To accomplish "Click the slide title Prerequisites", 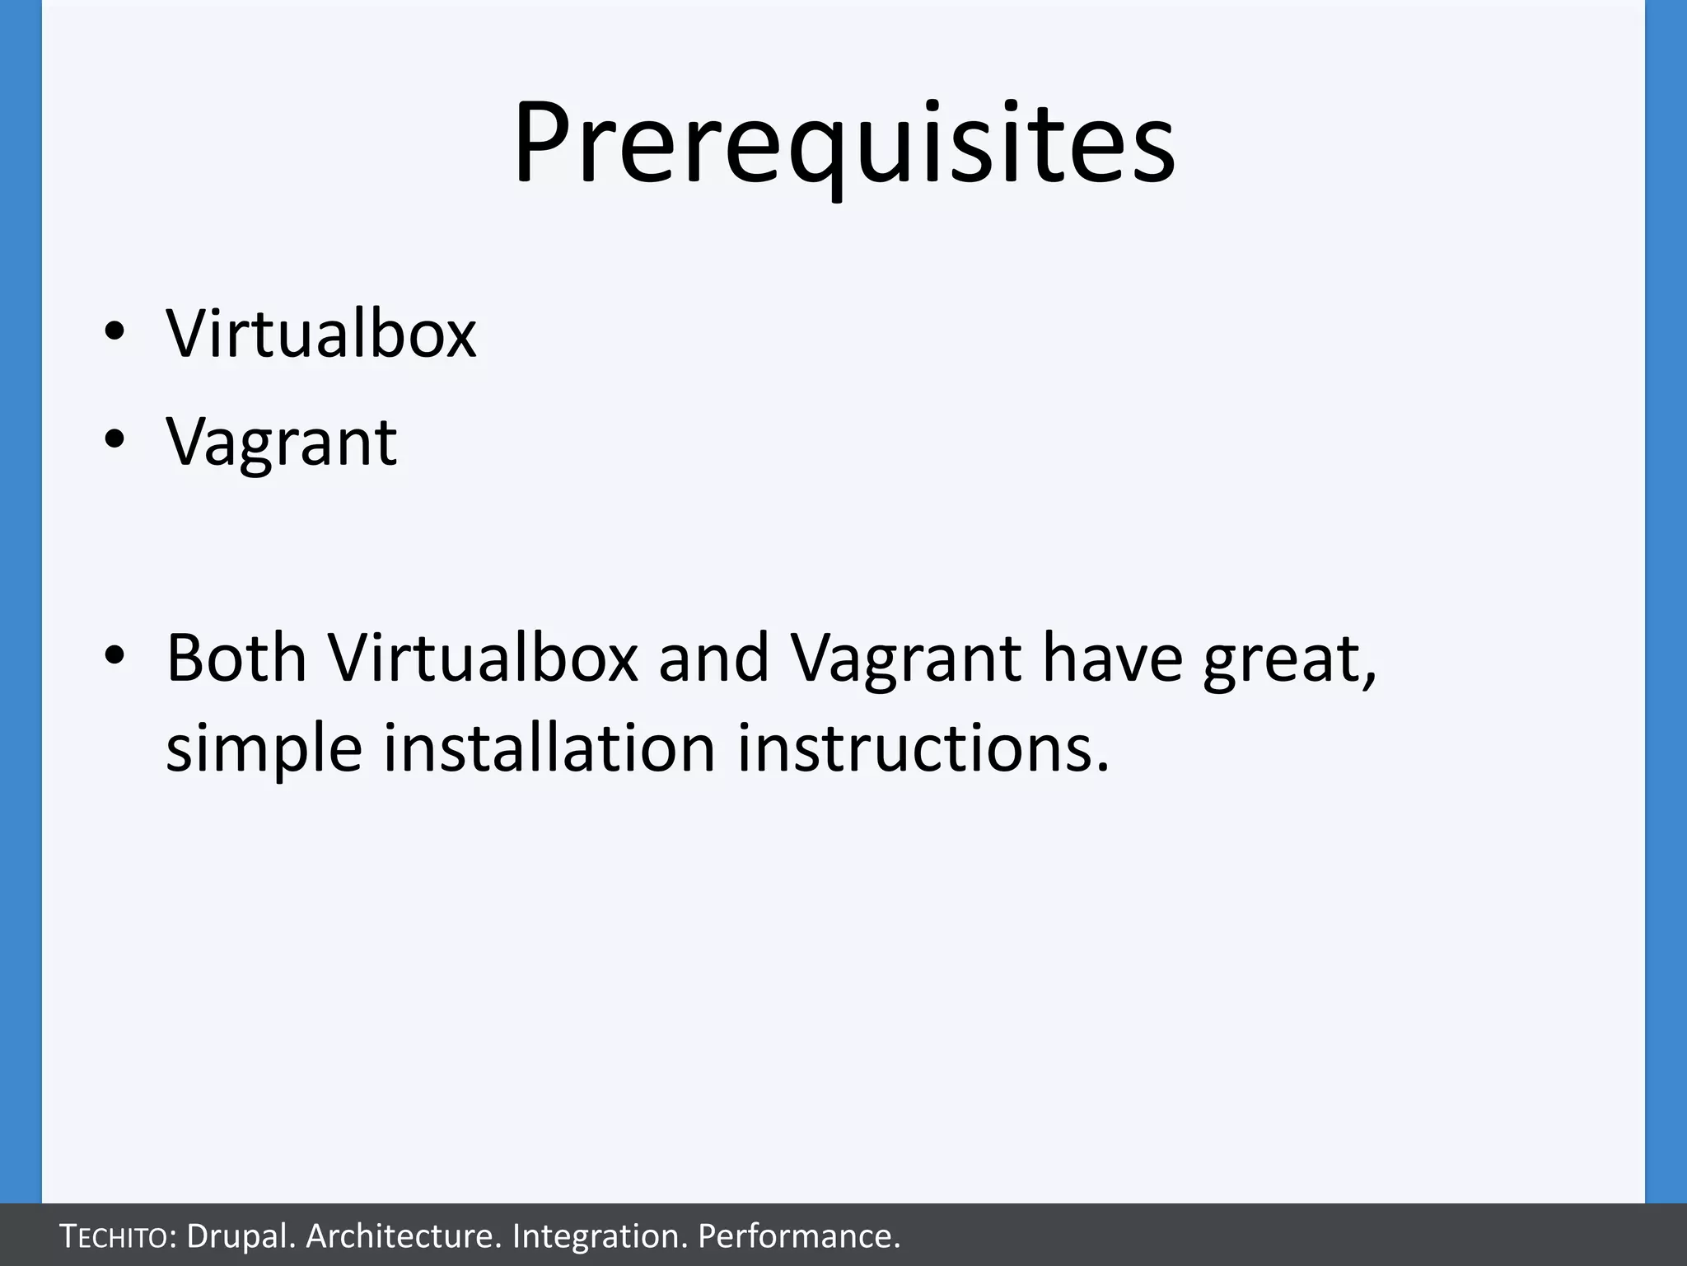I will [843, 143].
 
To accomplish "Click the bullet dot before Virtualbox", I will [114, 331].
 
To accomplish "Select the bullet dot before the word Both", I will [114, 654].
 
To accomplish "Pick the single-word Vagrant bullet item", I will [282, 443].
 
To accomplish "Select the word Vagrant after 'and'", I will [906, 659].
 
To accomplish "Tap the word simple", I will [264, 750].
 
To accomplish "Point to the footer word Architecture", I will [403, 1236].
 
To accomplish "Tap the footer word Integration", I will [600, 1236].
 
